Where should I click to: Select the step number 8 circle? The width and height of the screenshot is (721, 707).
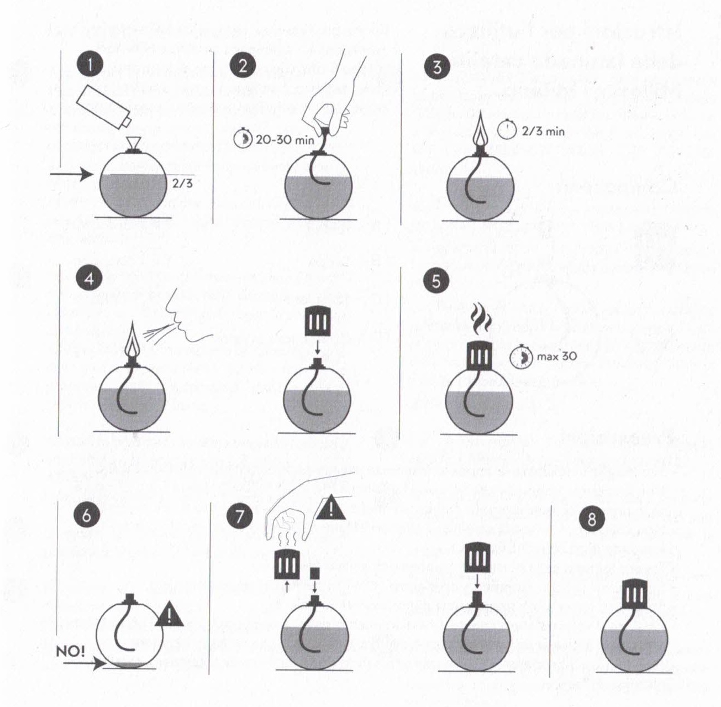(x=592, y=520)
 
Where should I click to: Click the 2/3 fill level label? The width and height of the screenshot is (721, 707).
(x=182, y=183)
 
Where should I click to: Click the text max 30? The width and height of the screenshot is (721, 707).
(x=557, y=356)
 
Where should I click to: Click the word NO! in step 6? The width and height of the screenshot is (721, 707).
(x=71, y=651)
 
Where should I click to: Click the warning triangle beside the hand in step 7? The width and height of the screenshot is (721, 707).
(x=331, y=507)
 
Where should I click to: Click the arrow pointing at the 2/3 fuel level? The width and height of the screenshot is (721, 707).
(x=71, y=174)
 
